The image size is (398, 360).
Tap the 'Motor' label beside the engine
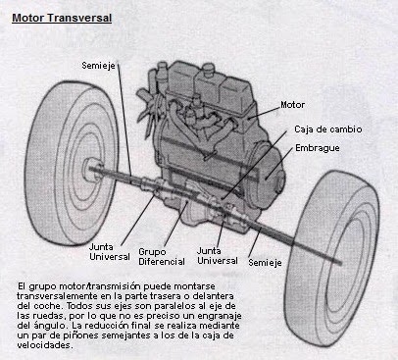click(292, 104)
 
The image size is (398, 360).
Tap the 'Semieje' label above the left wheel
click(99, 65)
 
